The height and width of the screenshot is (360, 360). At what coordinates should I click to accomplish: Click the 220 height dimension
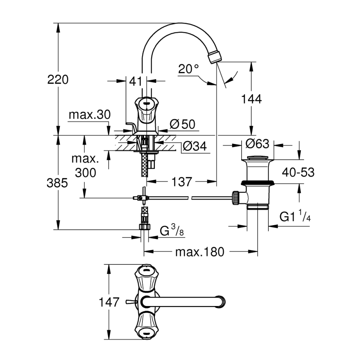58,80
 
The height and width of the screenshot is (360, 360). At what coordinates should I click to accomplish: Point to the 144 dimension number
252,98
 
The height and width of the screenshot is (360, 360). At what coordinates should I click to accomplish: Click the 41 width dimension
136,81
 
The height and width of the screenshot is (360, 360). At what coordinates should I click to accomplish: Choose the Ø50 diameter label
182,124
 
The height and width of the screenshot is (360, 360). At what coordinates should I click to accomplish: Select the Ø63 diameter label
257,144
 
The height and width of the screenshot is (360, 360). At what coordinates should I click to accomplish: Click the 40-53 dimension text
298,172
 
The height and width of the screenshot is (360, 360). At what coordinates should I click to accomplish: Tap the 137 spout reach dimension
182,182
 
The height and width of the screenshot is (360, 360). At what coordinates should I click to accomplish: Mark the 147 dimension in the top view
109,302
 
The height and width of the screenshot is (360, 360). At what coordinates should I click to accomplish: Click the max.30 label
89,115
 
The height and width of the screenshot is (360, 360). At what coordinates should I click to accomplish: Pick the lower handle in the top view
145,326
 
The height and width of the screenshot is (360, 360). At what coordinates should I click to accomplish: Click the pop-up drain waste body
258,180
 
